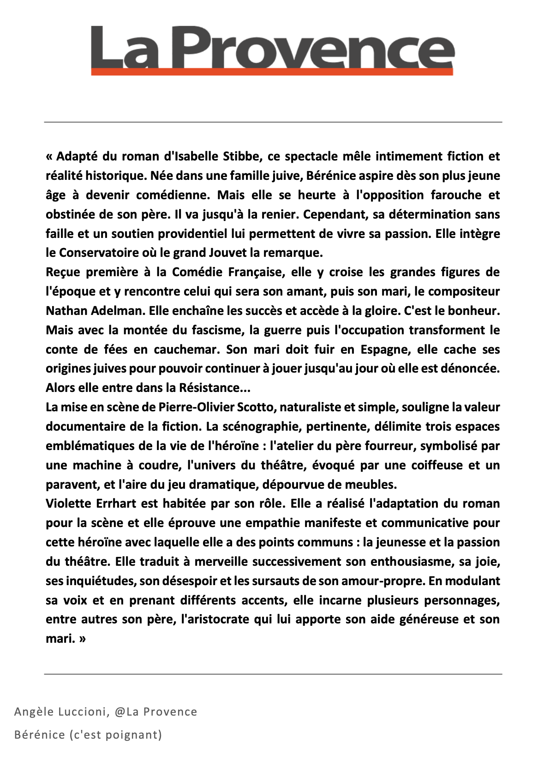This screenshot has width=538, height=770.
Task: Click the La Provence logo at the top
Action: coord(272,46)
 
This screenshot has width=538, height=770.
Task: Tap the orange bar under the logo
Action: coord(272,71)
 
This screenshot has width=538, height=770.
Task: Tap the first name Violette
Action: coord(69,503)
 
